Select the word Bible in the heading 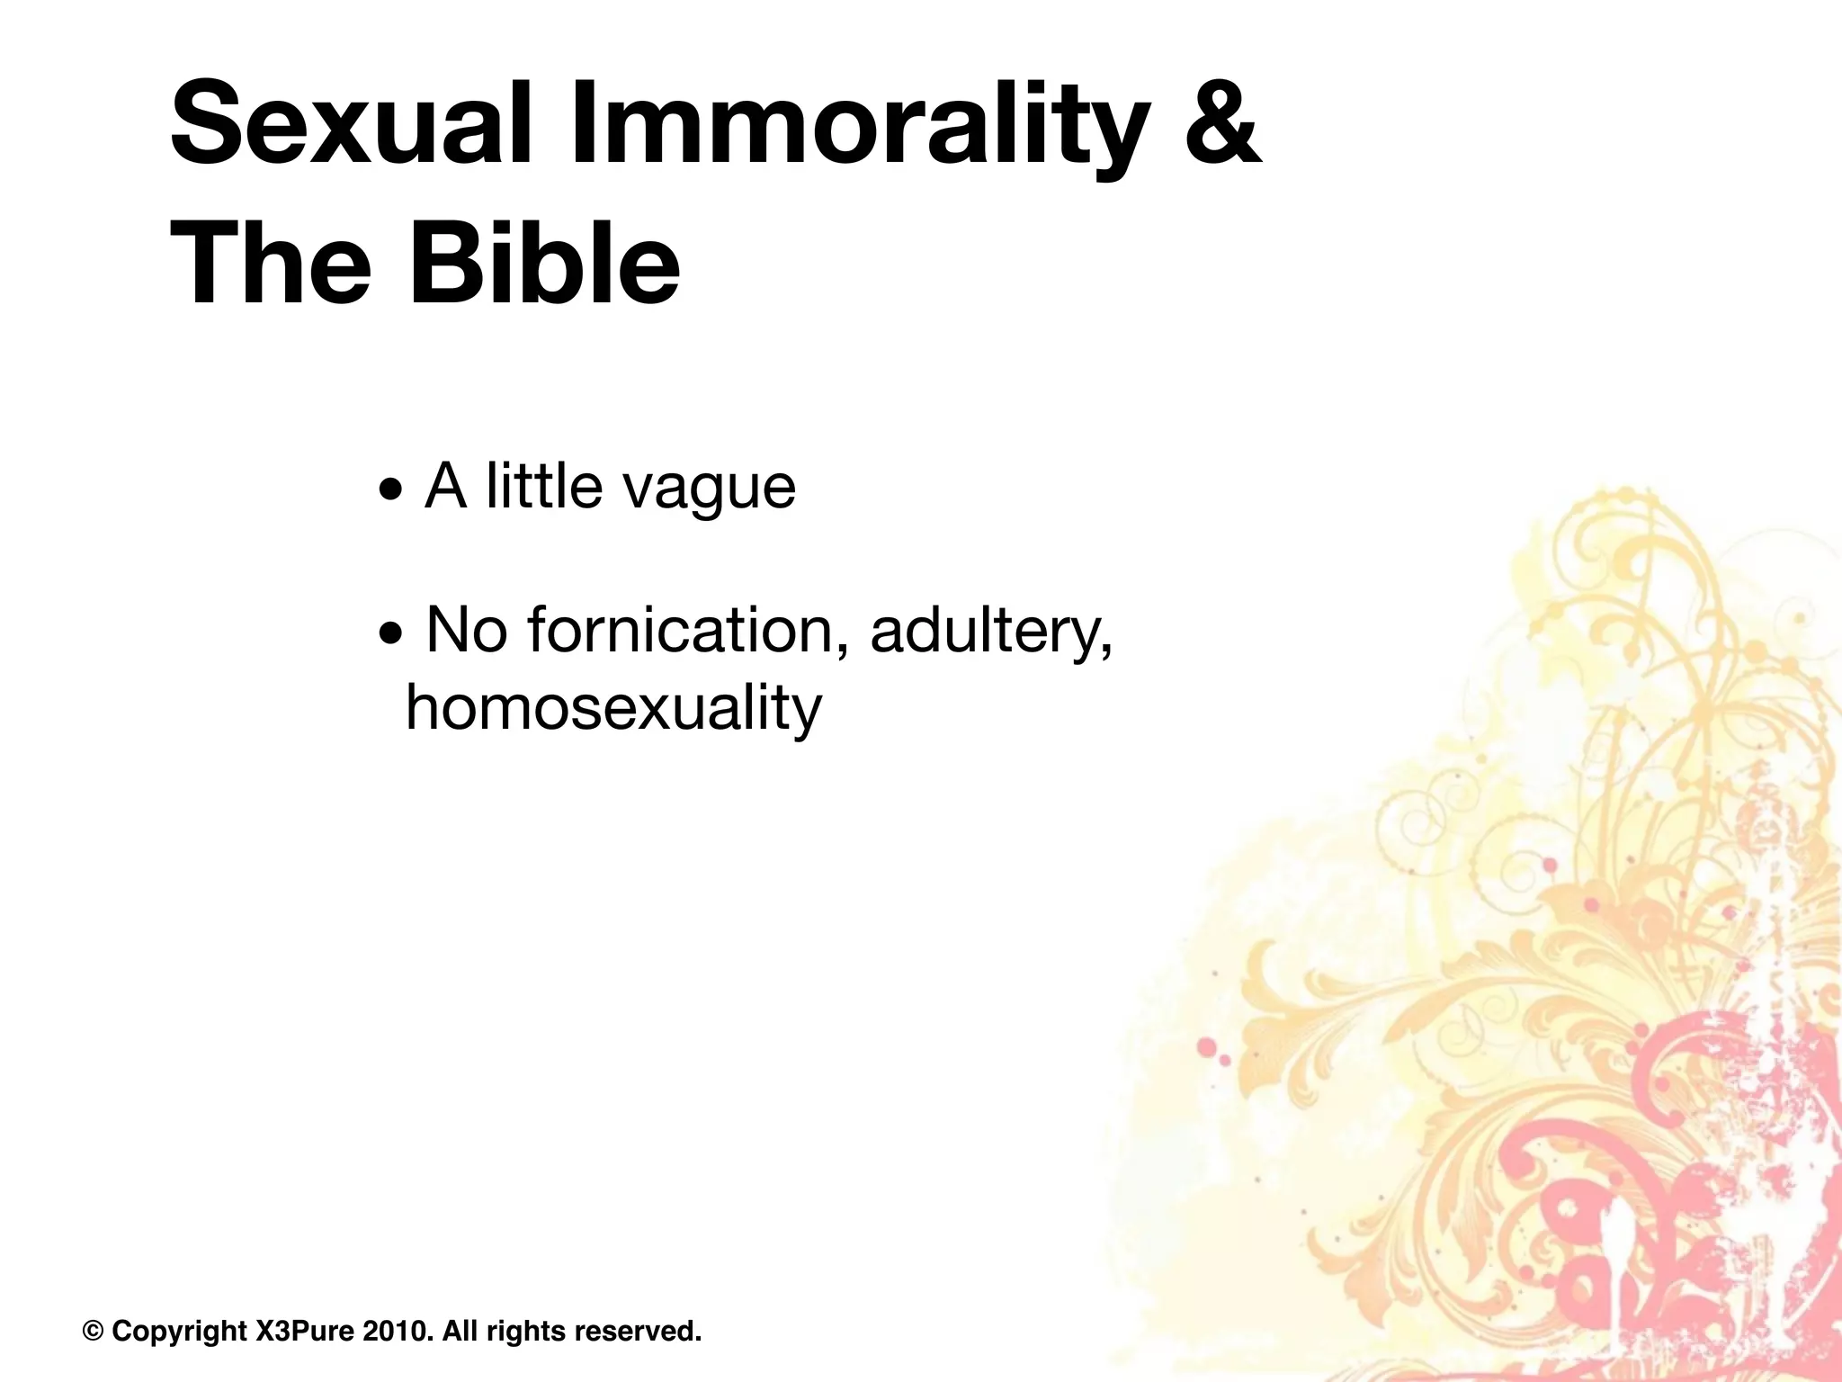(545, 265)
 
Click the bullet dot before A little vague (391, 490)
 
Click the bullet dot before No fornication (391, 635)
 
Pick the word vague (710, 488)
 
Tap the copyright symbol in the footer (94, 1331)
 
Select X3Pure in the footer (305, 1331)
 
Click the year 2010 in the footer (394, 1331)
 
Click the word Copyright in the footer (179, 1331)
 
